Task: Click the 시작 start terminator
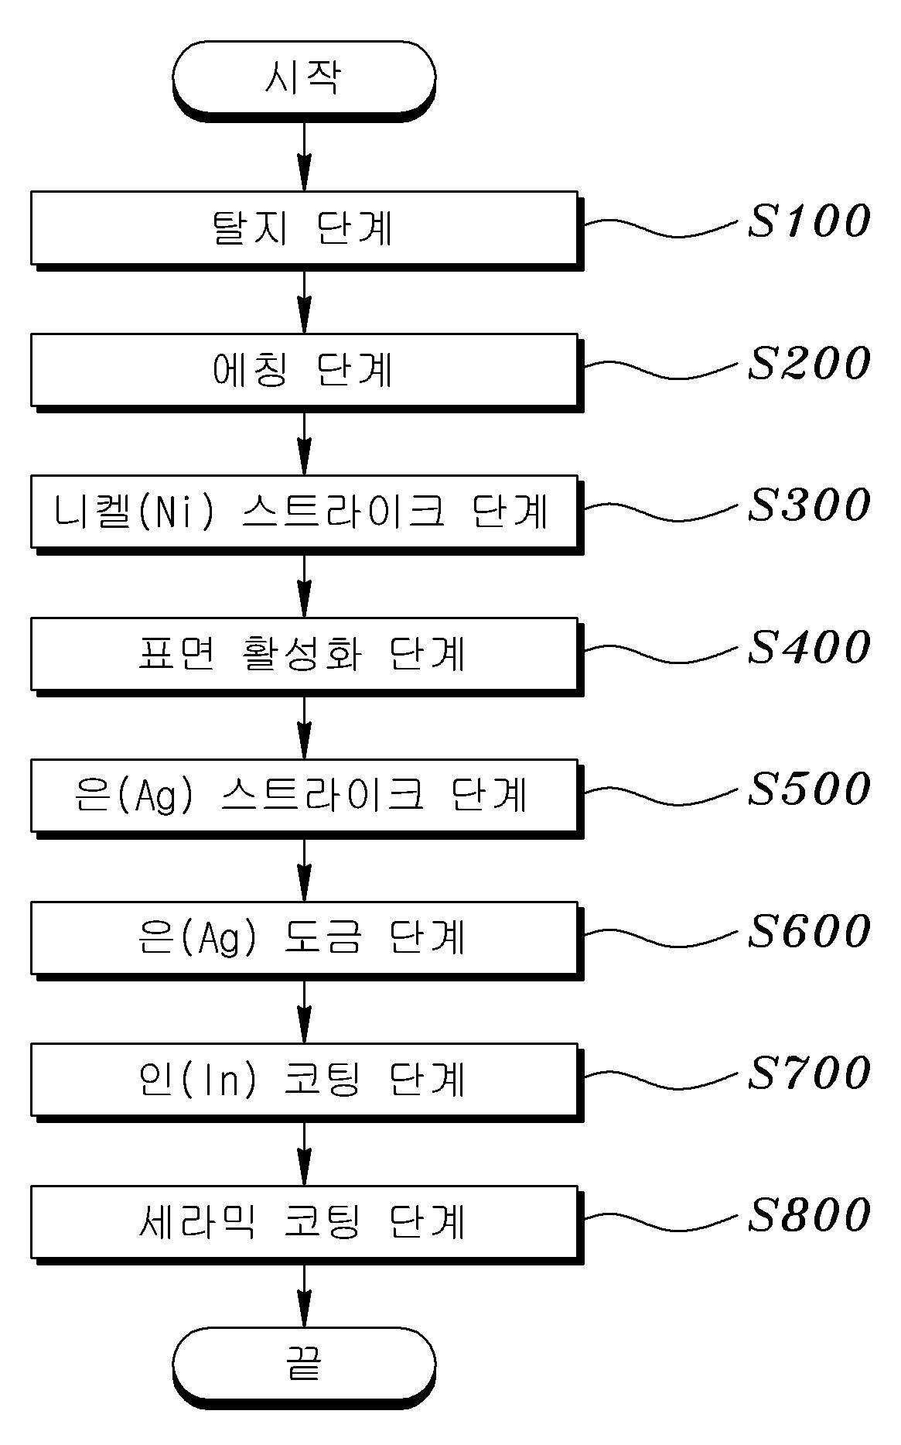(303, 77)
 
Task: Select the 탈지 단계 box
(303, 228)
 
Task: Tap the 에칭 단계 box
(303, 370)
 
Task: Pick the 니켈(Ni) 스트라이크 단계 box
(303, 512)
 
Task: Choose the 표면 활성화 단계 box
(303, 654)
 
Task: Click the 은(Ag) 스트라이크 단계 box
(303, 796)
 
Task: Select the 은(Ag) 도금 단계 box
(303, 937)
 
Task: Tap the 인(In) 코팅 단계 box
(303, 1080)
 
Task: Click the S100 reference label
(808, 221)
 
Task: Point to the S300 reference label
(808, 505)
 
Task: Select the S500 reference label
(808, 789)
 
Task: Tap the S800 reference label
(808, 1214)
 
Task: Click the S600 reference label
(808, 931)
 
